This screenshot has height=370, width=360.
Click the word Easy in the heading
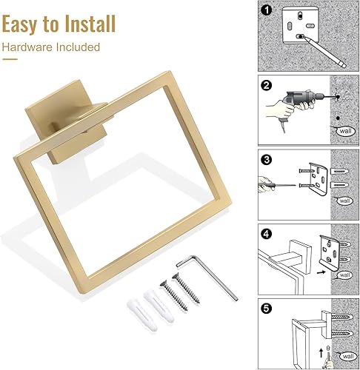click(x=23, y=24)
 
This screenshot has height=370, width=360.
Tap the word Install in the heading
click(x=88, y=24)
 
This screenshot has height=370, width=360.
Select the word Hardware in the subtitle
click(x=27, y=48)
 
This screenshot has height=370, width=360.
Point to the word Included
click(x=76, y=48)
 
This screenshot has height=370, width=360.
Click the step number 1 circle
click(x=265, y=11)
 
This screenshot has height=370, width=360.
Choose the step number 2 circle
click(x=265, y=84)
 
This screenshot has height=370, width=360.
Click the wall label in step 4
click(x=343, y=274)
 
